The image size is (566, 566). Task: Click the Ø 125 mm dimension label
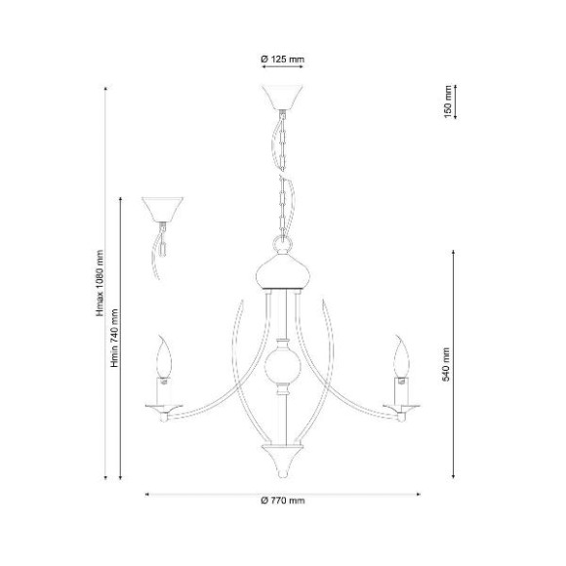(283, 59)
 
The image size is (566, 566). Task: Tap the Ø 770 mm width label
(283, 501)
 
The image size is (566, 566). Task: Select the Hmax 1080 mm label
(100, 283)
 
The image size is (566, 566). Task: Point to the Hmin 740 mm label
(115, 338)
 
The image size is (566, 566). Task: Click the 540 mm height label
(447, 364)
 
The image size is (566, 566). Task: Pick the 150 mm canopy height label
(448, 101)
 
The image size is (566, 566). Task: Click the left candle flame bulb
(164, 356)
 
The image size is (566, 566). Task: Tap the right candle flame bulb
(401, 356)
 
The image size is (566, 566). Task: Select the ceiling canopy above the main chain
(282, 98)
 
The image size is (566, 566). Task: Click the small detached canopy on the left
(162, 210)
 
